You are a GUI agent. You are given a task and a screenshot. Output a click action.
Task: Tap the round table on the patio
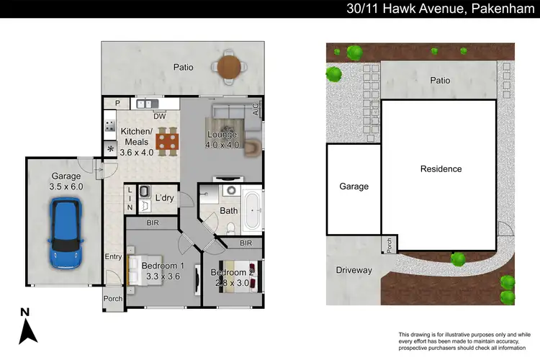pos(229,66)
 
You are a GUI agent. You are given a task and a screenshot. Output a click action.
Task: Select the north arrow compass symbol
pos(27,325)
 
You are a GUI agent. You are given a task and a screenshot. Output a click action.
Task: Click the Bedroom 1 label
pos(162,266)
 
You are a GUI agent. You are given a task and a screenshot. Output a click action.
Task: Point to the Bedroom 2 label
pos(231,272)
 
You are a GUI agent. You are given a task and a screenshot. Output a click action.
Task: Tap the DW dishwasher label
pos(160,117)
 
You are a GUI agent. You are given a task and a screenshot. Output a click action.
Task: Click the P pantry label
pos(116,104)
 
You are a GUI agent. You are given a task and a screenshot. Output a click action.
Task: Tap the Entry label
pos(113,256)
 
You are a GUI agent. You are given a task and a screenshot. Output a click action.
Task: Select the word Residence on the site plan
pos(441,169)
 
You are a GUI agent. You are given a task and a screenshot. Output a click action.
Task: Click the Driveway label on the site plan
pos(353,270)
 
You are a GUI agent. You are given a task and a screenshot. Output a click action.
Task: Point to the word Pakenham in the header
pos(495,9)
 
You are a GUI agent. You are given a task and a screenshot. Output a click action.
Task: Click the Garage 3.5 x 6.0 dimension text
pos(66,186)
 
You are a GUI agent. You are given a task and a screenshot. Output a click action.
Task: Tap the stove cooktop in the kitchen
pos(110,128)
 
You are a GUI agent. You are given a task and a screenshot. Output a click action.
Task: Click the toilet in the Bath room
pos(230,229)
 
